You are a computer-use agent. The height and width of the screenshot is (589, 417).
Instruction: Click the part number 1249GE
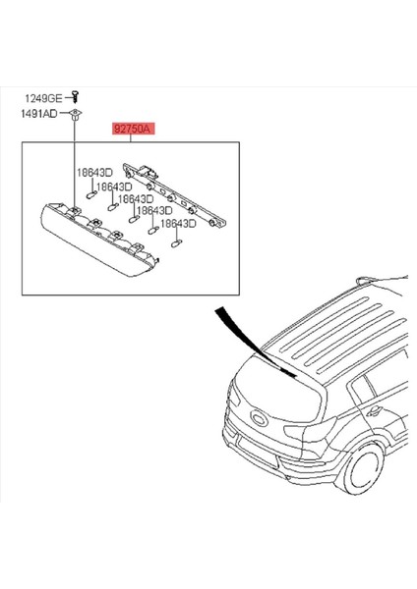(x=41, y=97)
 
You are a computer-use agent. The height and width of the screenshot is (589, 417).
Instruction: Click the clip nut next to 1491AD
(x=76, y=115)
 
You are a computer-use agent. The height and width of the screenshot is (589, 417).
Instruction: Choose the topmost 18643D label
(x=94, y=174)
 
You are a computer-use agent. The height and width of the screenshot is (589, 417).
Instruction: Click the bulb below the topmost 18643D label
(x=89, y=193)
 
